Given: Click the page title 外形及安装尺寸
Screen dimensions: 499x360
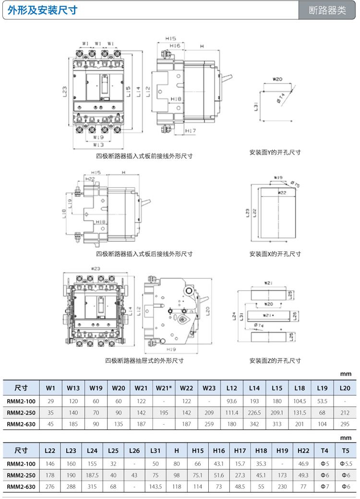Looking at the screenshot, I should [43, 10].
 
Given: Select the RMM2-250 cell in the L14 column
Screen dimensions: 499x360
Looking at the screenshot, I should [254, 413].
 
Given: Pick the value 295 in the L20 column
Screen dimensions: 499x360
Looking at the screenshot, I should [345, 424].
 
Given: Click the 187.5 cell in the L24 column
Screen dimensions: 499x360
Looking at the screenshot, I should [92, 475].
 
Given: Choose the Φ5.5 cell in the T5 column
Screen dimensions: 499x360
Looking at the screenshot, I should [346, 463].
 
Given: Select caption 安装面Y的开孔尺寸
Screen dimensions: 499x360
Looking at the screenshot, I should [275, 152].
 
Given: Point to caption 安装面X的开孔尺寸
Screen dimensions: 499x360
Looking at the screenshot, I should [275, 254].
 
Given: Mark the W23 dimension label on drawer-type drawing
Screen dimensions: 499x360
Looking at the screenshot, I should [95, 269].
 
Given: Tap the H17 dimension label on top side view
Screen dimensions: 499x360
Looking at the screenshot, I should [191, 131].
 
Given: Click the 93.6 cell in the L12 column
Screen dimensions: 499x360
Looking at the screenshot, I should [232, 401].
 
